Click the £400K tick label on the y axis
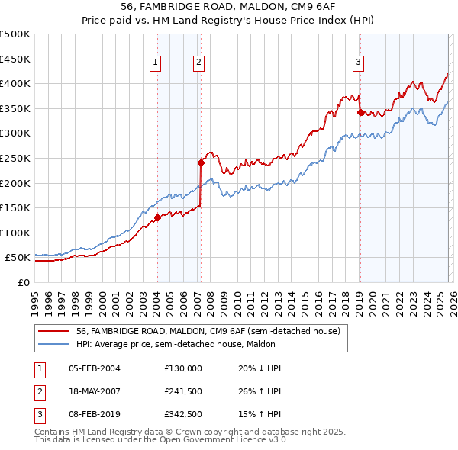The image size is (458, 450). (x=15, y=83)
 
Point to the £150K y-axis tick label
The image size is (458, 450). (x=15, y=207)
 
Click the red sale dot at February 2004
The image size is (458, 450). (x=157, y=217)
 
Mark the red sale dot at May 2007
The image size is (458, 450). (x=201, y=162)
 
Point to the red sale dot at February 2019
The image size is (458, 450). (x=360, y=112)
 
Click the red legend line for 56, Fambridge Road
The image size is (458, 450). (x=53, y=331)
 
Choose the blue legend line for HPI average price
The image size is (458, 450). (x=53, y=344)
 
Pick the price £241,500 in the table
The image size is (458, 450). (x=183, y=391)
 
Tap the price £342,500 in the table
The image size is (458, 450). (x=183, y=414)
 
